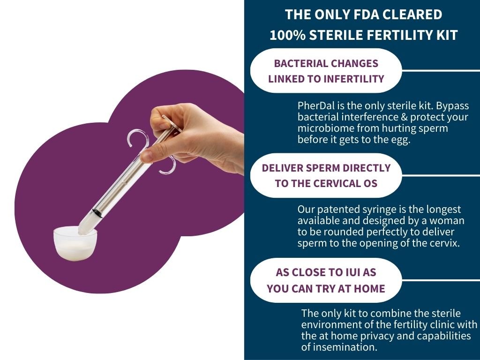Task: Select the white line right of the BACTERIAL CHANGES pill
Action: point(441,71)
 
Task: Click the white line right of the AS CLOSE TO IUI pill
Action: point(441,280)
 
